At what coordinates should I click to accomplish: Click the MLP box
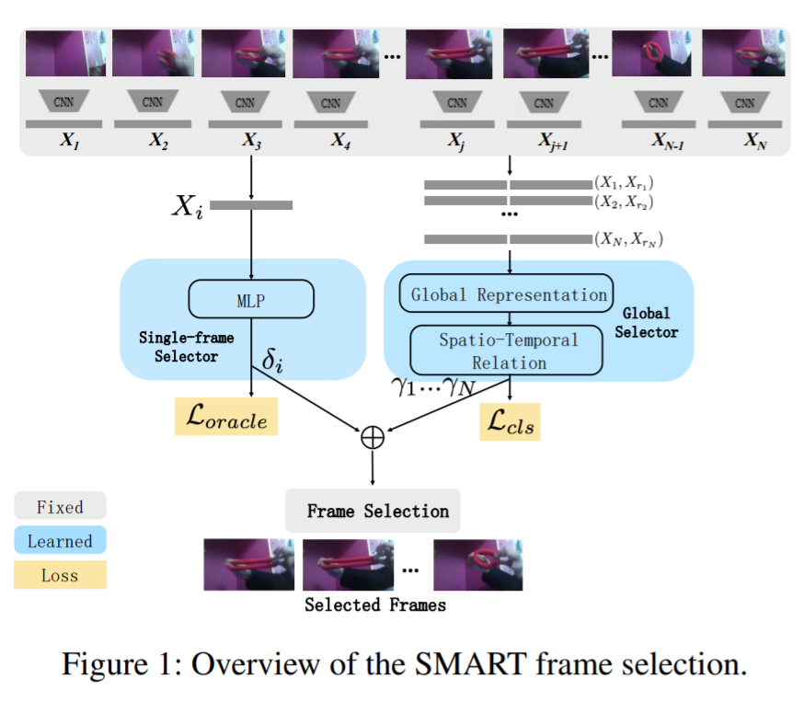tap(251, 298)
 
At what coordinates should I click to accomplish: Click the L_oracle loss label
tap(226, 419)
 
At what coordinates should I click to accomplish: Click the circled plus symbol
tap(372, 436)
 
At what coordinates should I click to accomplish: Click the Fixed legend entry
tap(60, 507)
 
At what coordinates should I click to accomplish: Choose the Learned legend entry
tap(60, 541)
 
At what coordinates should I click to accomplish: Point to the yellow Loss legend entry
tap(60, 576)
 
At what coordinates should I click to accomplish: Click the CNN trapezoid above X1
tap(63, 102)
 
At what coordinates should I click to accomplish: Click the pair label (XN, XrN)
tap(629, 239)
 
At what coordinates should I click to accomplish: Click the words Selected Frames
tap(375, 604)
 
